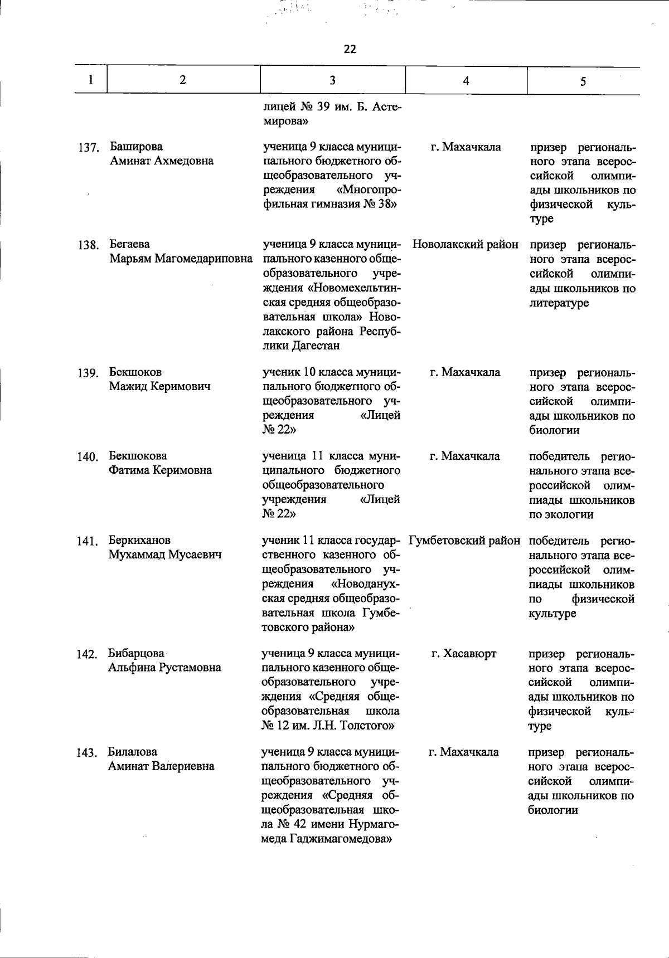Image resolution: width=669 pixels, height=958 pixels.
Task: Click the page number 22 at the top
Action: point(350,49)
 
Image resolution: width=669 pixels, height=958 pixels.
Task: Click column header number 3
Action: point(332,80)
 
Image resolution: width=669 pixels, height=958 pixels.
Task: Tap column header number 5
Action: point(583,81)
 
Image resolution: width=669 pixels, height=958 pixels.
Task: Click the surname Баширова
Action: point(136,147)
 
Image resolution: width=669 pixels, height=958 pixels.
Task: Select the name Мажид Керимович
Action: point(159,386)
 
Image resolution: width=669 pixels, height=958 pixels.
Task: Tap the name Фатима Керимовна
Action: point(160,470)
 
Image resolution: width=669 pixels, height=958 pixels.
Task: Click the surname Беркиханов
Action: point(139,541)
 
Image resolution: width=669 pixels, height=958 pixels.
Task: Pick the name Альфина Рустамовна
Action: point(164,668)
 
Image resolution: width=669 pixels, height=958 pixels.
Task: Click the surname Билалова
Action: point(133,752)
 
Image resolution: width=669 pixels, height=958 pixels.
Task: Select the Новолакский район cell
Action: point(466,245)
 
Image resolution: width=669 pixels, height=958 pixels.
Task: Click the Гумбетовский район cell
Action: point(464,541)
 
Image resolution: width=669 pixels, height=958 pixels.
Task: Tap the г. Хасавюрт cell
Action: point(464,653)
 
